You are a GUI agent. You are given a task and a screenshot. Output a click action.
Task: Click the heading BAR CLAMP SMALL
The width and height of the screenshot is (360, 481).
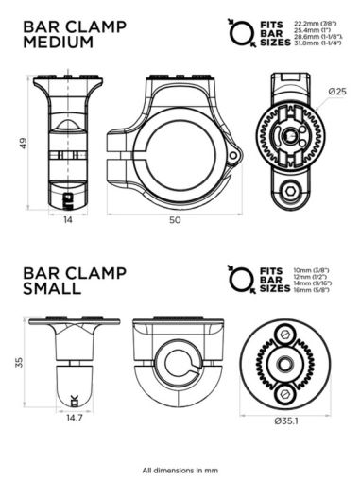(x=65, y=280)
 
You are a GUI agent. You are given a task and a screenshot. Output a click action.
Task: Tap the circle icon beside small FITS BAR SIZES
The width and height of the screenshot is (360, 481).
(x=236, y=281)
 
